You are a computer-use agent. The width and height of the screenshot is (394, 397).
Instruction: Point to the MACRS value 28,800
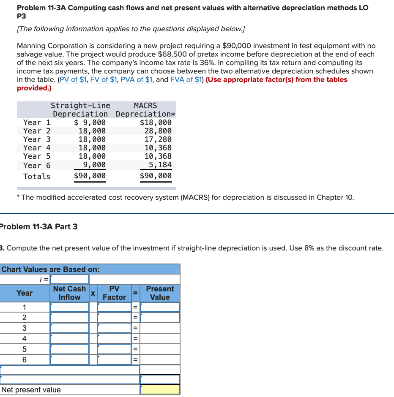(158, 131)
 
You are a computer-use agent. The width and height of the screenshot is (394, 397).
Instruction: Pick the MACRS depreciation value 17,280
(158, 139)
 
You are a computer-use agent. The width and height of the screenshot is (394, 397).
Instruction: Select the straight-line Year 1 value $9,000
(90, 122)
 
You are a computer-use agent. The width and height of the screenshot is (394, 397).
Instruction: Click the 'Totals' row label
(37, 177)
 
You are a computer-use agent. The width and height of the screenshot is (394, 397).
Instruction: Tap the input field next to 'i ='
(69, 279)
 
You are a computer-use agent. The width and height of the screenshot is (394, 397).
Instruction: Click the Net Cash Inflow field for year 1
(69, 307)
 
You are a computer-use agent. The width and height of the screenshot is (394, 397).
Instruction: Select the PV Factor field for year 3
(114, 328)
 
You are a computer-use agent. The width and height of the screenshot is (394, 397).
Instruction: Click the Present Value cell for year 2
(160, 318)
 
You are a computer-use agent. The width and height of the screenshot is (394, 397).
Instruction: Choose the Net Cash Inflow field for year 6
(69, 360)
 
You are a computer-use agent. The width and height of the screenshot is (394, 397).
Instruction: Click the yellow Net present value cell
(160, 389)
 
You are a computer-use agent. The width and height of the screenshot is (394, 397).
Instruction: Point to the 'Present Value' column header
(160, 293)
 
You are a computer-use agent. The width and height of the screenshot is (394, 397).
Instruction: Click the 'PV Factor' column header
(114, 293)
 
